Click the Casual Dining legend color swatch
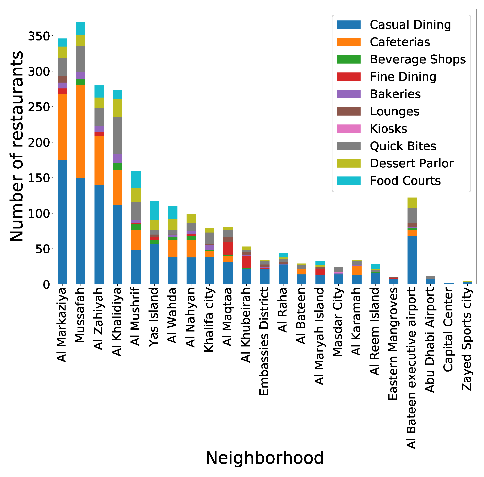[348, 24]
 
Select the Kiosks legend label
[388, 129]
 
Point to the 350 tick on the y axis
[39, 36]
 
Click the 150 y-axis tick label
[39, 178]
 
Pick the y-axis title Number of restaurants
[17, 147]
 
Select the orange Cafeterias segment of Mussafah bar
[81, 132]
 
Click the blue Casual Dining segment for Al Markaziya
[62, 222]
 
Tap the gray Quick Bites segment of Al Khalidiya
[118, 135]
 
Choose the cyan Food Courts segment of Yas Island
[154, 211]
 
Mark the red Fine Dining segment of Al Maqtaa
[228, 248]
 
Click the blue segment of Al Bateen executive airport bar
[412, 260]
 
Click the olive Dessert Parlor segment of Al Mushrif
[136, 195]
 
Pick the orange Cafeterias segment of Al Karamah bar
[357, 271]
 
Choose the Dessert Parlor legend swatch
[348, 163]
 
